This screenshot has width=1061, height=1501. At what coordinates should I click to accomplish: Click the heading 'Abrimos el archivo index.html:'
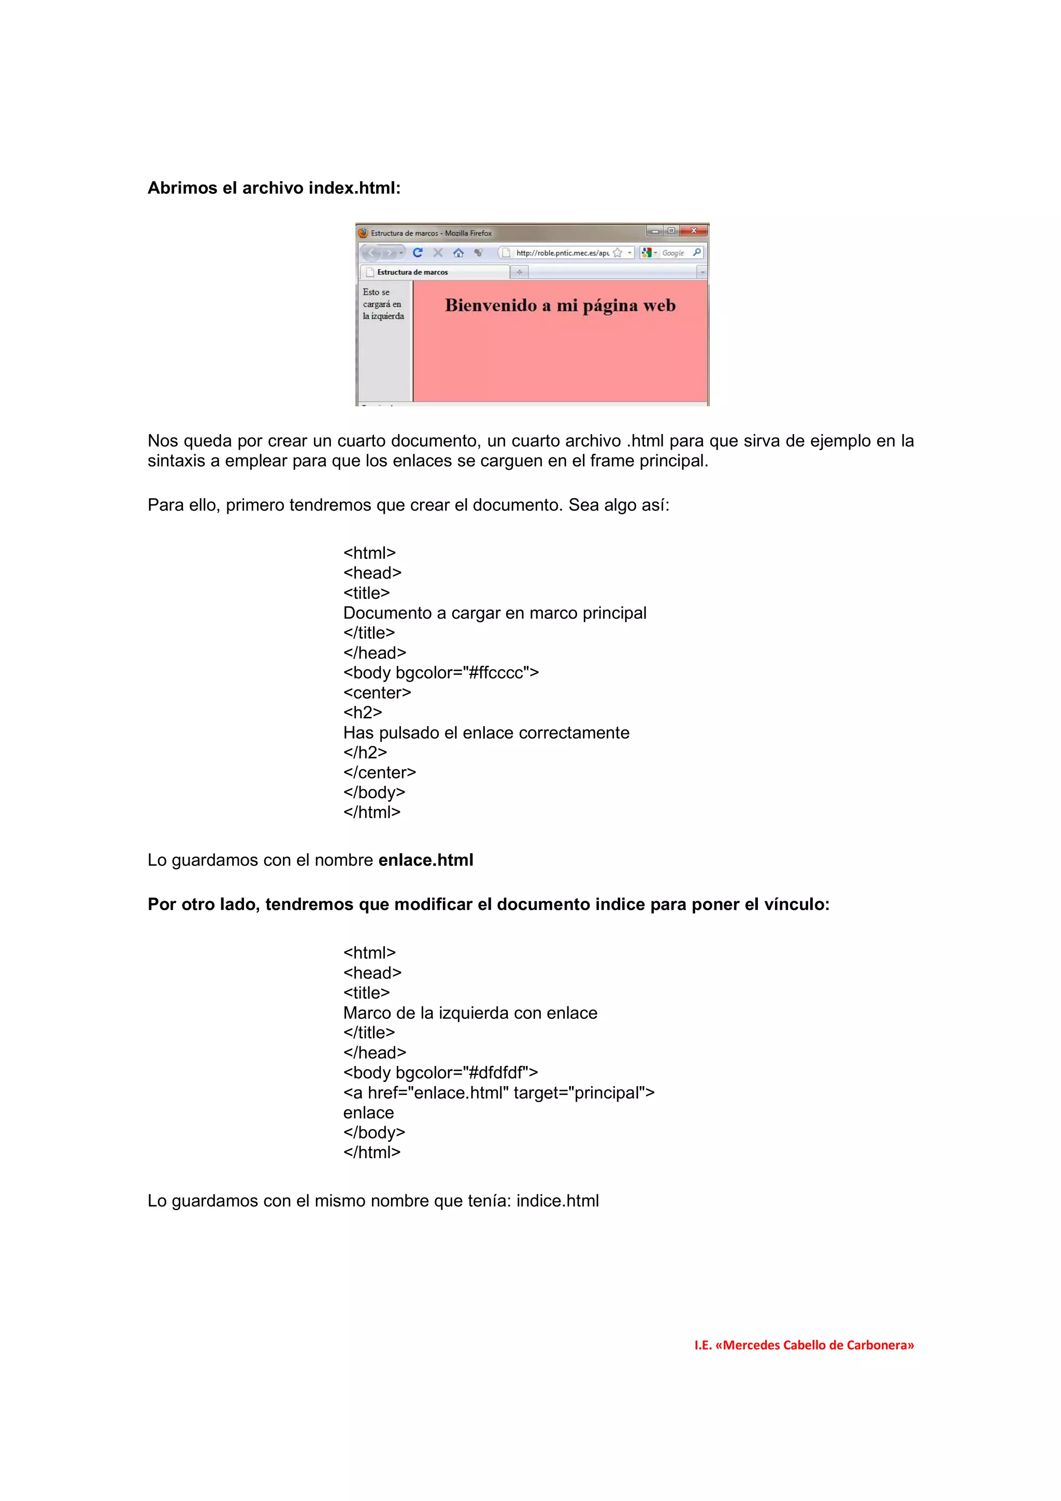274,189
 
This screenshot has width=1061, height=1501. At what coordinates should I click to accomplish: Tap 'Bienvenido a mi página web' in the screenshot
560,305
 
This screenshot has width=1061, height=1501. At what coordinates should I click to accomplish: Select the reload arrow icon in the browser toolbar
418,252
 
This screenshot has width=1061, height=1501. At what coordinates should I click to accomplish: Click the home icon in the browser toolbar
458,253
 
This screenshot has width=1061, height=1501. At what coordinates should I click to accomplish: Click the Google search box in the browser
672,253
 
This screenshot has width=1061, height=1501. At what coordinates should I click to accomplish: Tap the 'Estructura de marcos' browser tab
412,272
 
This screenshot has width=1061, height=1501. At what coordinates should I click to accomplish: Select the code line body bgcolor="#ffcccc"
440,673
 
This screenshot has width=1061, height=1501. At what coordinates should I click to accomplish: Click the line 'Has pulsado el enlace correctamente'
486,733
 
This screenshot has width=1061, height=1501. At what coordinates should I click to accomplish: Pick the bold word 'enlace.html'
425,860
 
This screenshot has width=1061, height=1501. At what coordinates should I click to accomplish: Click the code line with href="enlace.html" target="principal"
498,1092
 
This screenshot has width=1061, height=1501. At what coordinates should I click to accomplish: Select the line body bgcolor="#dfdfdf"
440,1073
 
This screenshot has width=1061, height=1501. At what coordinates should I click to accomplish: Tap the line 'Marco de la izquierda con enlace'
470,1013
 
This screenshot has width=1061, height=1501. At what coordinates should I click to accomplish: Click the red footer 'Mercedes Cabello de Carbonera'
804,1345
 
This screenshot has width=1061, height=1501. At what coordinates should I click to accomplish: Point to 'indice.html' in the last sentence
557,1201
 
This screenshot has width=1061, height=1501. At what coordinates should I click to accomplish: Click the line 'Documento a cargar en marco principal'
494,613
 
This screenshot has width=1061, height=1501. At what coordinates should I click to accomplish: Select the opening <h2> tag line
363,713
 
